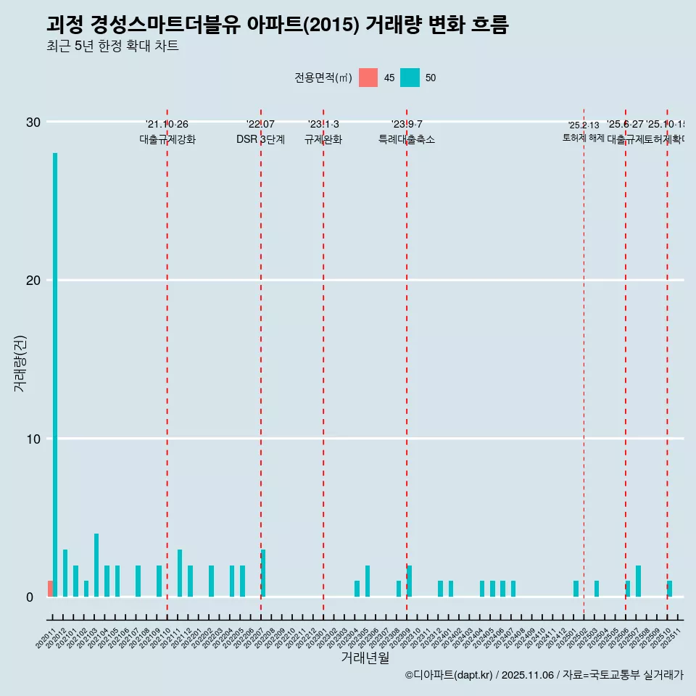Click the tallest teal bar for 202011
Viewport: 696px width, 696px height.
click(x=55, y=374)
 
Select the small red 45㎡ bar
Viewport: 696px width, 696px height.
click(x=50, y=589)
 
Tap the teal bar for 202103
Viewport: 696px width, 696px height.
click(x=96, y=565)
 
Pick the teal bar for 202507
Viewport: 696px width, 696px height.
click(x=638, y=581)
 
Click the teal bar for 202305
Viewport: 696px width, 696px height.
click(x=368, y=581)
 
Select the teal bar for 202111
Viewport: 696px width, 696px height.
click(x=180, y=573)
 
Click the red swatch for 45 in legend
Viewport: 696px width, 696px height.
click(x=368, y=78)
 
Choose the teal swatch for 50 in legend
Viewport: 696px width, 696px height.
click(x=410, y=78)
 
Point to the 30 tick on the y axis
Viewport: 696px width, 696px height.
click(x=34, y=122)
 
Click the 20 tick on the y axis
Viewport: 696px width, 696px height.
click(x=34, y=280)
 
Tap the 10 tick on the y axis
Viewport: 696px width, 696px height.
click(x=34, y=438)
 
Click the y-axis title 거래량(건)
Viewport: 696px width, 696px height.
click(x=20, y=362)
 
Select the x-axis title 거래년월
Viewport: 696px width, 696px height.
click(x=365, y=658)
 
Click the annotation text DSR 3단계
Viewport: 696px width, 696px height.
click(x=260, y=139)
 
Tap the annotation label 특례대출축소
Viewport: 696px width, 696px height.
click(x=406, y=139)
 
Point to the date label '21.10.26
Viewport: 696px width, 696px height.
click(x=167, y=124)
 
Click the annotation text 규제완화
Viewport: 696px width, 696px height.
click(x=323, y=139)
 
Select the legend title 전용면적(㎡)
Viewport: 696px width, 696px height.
click(x=323, y=78)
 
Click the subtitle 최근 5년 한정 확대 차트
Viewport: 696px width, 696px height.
click(x=112, y=46)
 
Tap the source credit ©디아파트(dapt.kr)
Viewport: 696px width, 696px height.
click(x=449, y=675)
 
